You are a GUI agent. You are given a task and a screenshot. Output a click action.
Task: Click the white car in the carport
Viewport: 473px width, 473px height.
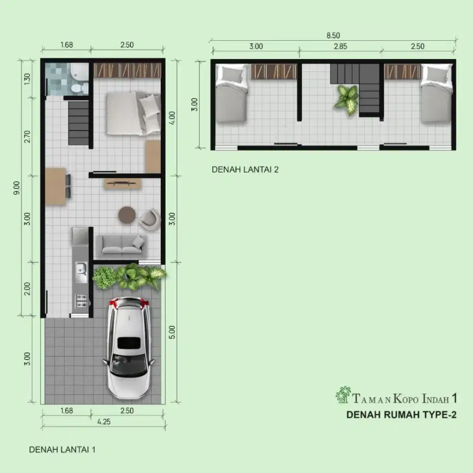tap(129, 348)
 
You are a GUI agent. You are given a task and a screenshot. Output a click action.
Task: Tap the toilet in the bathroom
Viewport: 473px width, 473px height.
tap(79, 88)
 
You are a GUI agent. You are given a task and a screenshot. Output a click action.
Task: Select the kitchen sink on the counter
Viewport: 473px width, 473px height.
tap(81, 272)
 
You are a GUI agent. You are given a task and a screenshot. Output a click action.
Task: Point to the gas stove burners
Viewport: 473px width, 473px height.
tap(81, 301)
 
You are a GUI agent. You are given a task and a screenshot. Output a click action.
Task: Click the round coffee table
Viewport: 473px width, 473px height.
tap(127, 215)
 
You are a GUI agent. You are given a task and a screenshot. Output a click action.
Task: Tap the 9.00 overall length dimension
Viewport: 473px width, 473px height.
tap(17, 188)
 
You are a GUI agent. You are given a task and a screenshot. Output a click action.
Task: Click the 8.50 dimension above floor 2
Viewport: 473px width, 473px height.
tap(333, 35)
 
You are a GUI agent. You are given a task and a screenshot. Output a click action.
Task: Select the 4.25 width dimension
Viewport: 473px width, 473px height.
tap(104, 422)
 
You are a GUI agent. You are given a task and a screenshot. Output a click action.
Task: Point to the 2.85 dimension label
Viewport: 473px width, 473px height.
tap(340, 46)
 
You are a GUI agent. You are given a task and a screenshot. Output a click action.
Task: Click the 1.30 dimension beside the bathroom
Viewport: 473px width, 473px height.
tap(27, 79)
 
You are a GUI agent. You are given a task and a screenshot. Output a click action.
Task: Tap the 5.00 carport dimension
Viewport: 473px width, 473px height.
tap(172, 332)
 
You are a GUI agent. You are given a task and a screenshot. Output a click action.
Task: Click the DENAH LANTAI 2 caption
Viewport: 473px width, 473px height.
tap(245, 169)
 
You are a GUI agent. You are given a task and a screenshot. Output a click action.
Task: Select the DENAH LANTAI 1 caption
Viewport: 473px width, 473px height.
tap(62, 449)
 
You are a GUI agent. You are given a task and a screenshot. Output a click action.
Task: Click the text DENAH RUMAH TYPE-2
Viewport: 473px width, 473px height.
tap(401, 415)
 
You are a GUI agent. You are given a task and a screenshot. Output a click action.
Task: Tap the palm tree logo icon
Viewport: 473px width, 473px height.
tap(343, 394)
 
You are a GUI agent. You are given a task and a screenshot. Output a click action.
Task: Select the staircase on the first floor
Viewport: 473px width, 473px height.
tap(79, 123)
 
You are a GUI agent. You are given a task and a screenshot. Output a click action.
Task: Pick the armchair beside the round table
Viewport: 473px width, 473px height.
tap(149, 219)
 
